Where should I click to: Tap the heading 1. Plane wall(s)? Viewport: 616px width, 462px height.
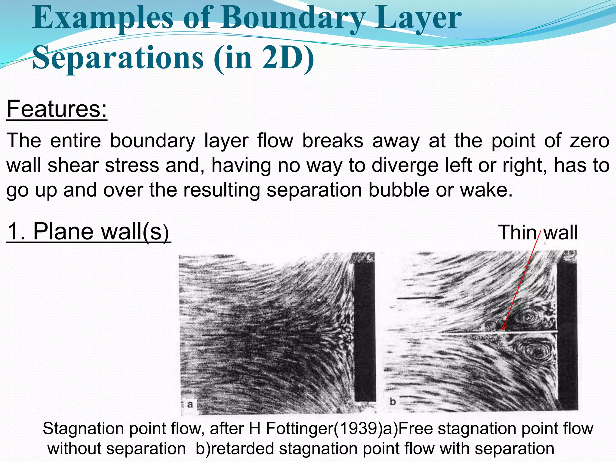pyautogui.click(x=88, y=232)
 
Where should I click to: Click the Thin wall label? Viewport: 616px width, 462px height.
pyautogui.click(x=538, y=232)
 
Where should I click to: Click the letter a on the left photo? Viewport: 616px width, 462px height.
pyautogui.click(x=190, y=404)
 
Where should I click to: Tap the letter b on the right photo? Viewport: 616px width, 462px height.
pyautogui.click(x=393, y=401)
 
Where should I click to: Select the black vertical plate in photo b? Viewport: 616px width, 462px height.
pyautogui.click(x=567, y=331)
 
